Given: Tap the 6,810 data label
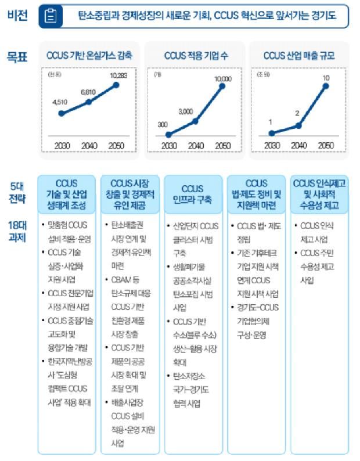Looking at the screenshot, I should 88,92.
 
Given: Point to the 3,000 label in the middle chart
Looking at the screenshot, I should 186,111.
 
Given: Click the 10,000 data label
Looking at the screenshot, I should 222,78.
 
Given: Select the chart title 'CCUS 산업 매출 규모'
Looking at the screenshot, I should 298,56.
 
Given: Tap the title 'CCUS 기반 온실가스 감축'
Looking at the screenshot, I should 89,56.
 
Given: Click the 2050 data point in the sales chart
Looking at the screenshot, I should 326,87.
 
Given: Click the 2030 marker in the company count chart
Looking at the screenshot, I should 169,134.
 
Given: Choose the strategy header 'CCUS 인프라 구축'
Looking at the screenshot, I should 192,194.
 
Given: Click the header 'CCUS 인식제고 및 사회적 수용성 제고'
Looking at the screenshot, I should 320,194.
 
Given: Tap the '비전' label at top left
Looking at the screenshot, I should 16,15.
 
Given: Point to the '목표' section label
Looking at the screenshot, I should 16,57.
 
